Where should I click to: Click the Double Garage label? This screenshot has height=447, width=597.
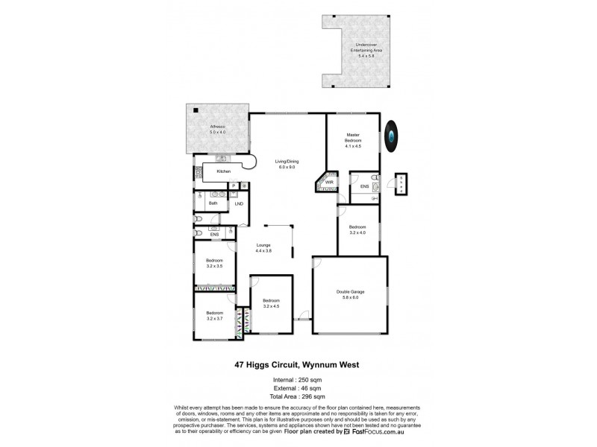pos(350,295)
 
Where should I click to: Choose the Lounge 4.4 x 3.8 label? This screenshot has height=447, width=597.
pos(263,249)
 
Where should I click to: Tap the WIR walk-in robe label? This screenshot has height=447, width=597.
pos(328,181)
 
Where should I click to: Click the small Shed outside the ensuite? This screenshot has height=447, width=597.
pos(402,184)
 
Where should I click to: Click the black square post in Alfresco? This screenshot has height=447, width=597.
pos(196,110)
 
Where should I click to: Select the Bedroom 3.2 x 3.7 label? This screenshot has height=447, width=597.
pos(215,316)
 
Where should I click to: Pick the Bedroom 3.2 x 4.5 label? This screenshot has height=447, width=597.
pos(271,303)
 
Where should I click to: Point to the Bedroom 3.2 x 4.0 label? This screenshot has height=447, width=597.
pos(358,230)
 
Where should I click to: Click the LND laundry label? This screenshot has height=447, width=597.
pos(239,203)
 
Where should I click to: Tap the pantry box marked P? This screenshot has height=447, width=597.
pos(233,186)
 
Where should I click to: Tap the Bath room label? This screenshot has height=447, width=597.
pos(213,203)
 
